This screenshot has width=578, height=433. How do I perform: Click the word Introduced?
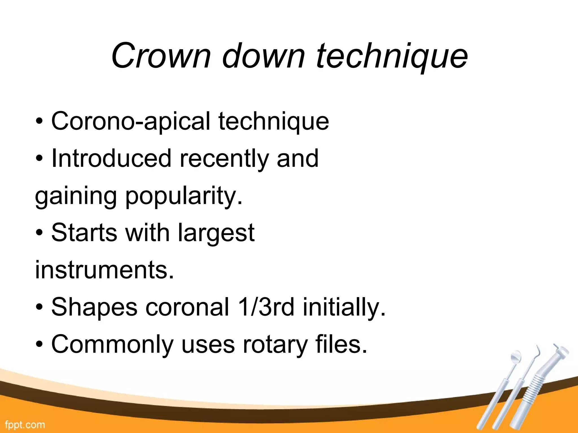111,159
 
